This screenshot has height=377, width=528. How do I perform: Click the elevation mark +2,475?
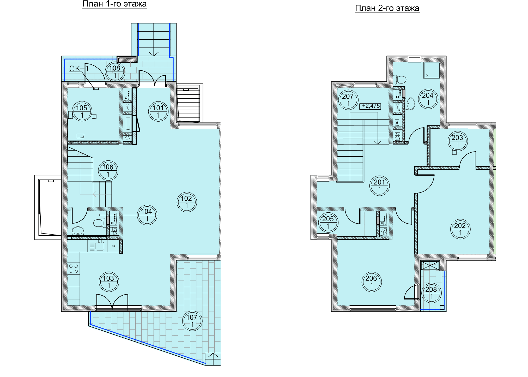pyautogui.click(x=370, y=106)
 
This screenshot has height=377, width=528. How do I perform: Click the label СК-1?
pyautogui.click(x=79, y=69)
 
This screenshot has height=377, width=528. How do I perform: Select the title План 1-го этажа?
pyautogui.click(x=114, y=4)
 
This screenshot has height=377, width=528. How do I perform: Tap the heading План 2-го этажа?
pyautogui.click(x=387, y=8)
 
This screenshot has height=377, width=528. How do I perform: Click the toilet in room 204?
pyautogui.click(x=399, y=79)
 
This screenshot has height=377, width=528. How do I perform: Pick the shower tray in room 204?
pyautogui.click(x=432, y=70)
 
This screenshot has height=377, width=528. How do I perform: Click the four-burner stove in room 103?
pyautogui.click(x=74, y=269)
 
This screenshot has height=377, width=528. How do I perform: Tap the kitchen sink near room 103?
pyautogui.click(x=100, y=246)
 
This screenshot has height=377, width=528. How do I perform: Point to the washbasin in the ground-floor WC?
pyautogui.click(x=78, y=231)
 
